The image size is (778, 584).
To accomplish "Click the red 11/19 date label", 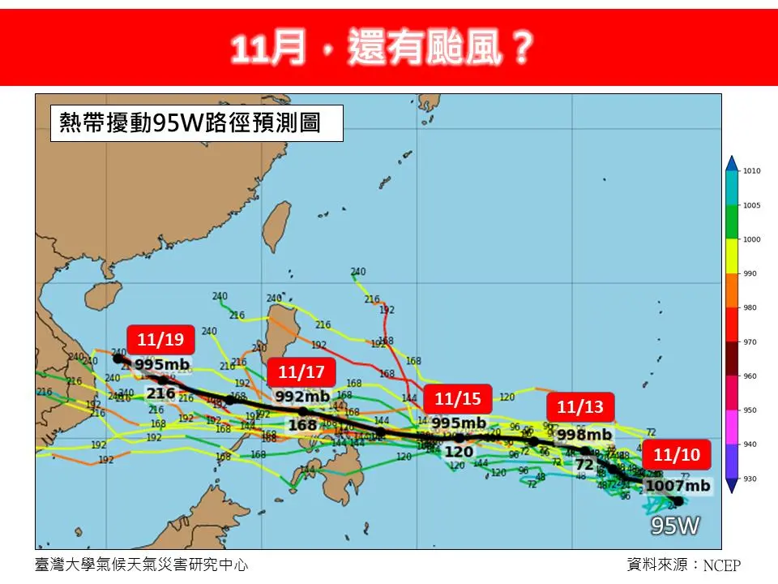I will [x=160, y=339].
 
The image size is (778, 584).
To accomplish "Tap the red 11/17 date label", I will [x=301, y=372].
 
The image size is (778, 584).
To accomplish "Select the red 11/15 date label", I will [x=458, y=398].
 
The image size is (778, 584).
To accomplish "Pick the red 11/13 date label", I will [x=580, y=406].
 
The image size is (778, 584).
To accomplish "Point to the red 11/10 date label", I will [x=677, y=454].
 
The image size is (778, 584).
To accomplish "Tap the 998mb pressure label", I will [x=582, y=433].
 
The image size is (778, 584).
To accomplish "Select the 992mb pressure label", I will [x=301, y=397].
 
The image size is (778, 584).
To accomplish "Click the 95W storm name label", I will [x=676, y=526].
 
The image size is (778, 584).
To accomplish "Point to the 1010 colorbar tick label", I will [x=752, y=171].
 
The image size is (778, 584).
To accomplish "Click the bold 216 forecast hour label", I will [x=160, y=393].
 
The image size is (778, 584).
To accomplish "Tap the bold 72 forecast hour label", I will [x=583, y=465].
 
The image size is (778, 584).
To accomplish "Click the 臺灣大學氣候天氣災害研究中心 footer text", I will [x=142, y=565].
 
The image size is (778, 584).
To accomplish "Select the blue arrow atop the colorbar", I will [x=732, y=163].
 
